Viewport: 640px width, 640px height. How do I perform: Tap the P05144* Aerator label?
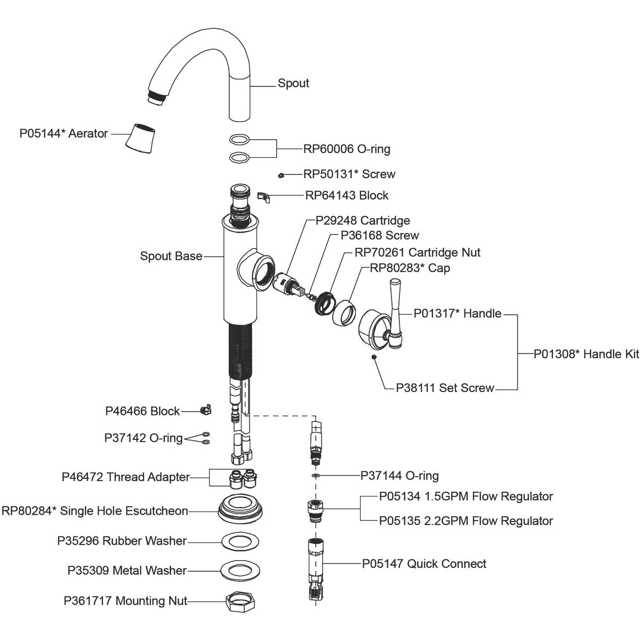[x=63, y=133]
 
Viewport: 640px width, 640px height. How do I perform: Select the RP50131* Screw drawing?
[x=281, y=175]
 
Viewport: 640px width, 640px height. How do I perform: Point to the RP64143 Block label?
[x=347, y=195]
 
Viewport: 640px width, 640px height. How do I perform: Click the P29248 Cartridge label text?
[x=363, y=220]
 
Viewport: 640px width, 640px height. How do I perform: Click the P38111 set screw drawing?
[x=374, y=357]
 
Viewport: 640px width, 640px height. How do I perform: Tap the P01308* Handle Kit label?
[x=586, y=354]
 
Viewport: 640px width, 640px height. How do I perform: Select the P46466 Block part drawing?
[x=204, y=411]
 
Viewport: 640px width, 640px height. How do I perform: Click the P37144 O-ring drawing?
[x=316, y=475]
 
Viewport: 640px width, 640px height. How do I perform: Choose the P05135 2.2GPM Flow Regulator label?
[x=466, y=521]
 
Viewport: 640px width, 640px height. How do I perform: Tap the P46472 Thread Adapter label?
[x=125, y=477]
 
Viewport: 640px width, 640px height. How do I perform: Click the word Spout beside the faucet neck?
[x=293, y=83]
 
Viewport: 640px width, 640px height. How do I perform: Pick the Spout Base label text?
[x=171, y=256]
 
